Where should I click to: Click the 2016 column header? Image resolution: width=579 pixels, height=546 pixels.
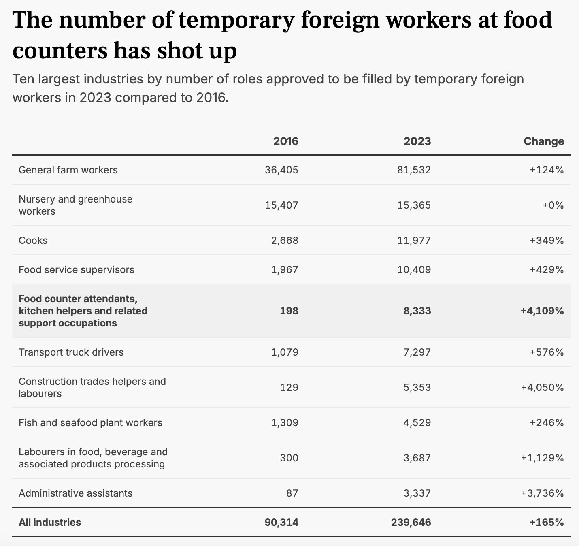(285, 141)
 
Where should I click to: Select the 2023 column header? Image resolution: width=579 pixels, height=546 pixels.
(417, 141)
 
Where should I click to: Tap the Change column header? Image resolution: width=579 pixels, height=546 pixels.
(543, 141)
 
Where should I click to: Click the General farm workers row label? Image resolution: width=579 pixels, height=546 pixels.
(68, 170)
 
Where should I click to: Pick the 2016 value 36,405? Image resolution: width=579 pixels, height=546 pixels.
(281, 170)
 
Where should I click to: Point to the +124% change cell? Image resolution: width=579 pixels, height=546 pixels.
(547, 170)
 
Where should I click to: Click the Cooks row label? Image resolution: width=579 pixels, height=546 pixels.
(33, 240)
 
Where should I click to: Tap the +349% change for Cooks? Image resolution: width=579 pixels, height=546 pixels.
(547, 240)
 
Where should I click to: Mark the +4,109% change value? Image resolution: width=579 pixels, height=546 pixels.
(542, 311)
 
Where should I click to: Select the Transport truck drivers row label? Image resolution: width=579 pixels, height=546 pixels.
(71, 352)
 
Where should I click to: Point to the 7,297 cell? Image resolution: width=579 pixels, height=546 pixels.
(417, 352)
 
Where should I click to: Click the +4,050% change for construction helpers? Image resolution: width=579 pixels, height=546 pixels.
(542, 387)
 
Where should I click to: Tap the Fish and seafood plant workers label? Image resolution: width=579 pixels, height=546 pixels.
(90, 422)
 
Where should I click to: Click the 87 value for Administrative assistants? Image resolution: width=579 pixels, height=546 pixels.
(292, 493)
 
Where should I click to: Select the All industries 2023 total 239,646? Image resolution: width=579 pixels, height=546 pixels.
(411, 522)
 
